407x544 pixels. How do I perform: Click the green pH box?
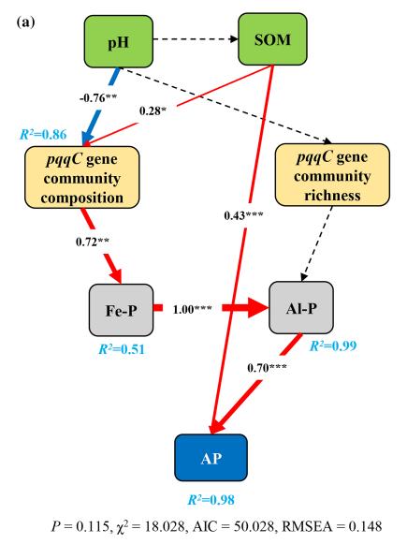(119, 41)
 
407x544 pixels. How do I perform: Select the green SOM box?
(272, 39)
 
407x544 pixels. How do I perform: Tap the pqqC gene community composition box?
(81, 178)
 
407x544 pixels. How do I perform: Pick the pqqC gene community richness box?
(332, 175)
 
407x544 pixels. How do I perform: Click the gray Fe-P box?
(121, 310)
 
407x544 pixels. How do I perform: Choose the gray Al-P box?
(301, 308)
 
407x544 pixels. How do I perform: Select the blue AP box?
(211, 458)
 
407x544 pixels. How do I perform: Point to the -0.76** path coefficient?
(98, 98)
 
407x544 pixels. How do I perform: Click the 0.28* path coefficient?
(153, 111)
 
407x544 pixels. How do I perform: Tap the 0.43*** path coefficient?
(243, 215)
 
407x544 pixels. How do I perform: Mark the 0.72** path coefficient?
(93, 242)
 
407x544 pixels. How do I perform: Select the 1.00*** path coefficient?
(192, 309)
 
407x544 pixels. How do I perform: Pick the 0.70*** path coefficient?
(267, 367)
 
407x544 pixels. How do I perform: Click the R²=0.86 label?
(43, 134)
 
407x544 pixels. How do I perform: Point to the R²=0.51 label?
(122, 349)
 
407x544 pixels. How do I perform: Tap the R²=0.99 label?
(333, 346)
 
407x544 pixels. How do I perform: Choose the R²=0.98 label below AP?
(211, 500)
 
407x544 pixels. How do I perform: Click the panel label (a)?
(25, 22)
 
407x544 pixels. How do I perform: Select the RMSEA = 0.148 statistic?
(332, 526)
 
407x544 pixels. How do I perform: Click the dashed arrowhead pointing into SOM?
(235, 39)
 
